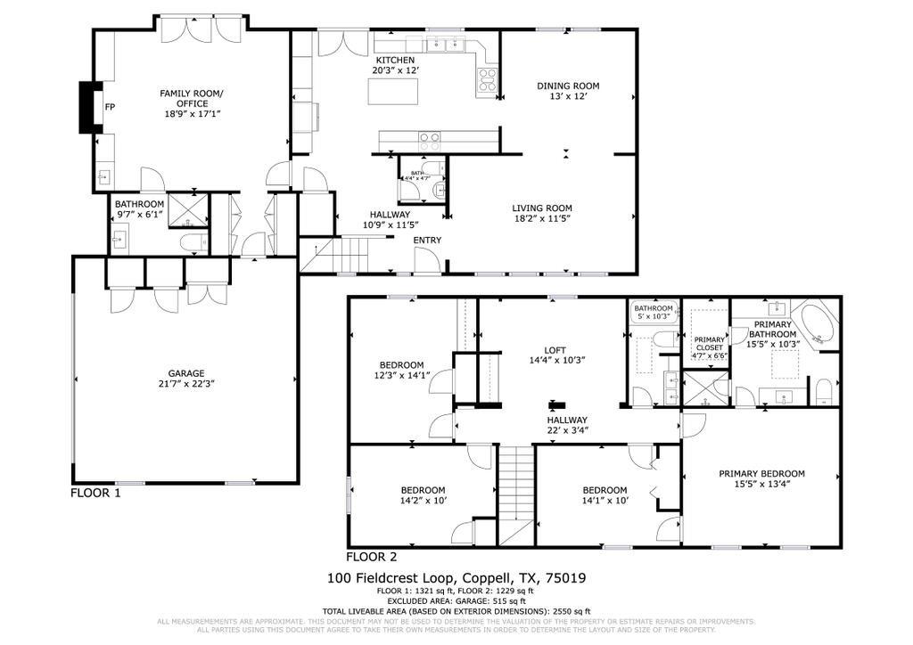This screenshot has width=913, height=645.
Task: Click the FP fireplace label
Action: pyautogui.click(x=111, y=108)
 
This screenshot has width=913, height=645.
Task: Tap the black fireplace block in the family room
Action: pyautogui.click(x=88, y=108)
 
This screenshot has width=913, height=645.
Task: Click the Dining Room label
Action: pyautogui.click(x=568, y=86)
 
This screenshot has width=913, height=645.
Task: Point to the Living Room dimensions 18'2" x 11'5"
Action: pyautogui.click(x=541, y=218)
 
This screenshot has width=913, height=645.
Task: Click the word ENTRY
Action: pyautogui.click(x=427, y=240)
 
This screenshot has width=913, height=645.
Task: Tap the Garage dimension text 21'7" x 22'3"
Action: pyautogui.click(x=186, y=384)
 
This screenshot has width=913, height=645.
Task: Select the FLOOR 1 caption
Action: pyautogui.click(x=95, y=493)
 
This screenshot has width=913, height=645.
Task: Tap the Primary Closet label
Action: pyautogui.click(x=710, y=343)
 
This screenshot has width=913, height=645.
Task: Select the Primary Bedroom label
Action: pyautogui.click(x=761, y=473)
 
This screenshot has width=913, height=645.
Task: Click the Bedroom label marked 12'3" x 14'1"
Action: pyautogui.click(x=401, y=364)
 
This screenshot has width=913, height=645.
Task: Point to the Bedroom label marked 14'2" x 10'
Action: pyautogui.click(x=423, y=490)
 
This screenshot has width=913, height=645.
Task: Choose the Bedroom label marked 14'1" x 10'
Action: pyautogui.click(x=605, y=490)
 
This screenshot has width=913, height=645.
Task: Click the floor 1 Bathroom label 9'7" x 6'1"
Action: pyautogui.click(x=139, y=204)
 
